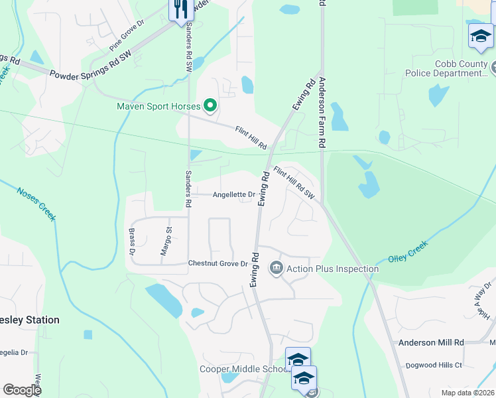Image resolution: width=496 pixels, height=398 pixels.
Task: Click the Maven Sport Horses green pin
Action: (x=211, y=105)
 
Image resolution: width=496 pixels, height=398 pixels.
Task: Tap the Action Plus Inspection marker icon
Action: (x=276, y=269)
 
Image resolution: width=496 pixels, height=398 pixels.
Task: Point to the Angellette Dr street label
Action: (x=233, y=194)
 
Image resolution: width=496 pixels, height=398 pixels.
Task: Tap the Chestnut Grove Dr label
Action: (x=217, y=263)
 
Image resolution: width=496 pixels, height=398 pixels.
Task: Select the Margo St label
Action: (x=168, y=241)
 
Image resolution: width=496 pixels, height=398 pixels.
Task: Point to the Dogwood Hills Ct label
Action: (x=435, y=365)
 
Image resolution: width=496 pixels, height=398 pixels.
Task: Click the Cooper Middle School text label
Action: (x=243, y=369)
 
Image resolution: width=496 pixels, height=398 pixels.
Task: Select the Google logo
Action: (x=22, y=390)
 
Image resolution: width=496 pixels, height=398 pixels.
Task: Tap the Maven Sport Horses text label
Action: (x=159, y=105)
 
